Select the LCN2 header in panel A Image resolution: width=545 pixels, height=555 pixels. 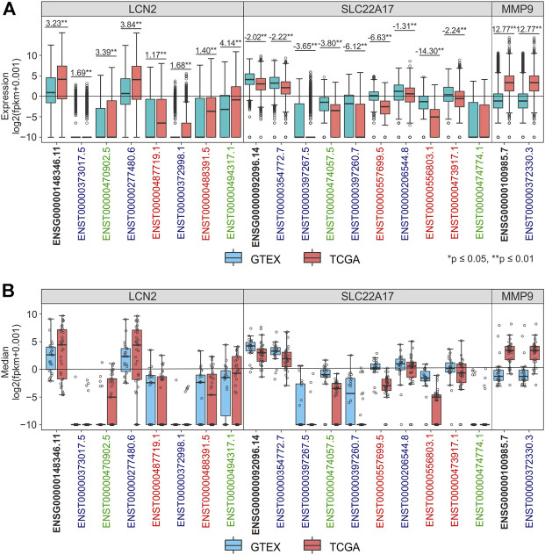point(137,10)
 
